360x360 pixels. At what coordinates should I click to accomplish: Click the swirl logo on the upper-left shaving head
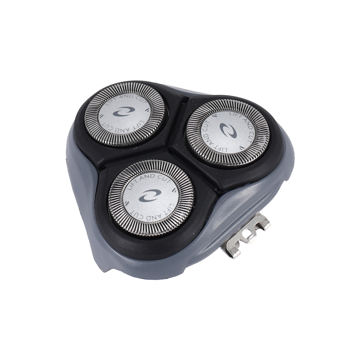pos(121,112)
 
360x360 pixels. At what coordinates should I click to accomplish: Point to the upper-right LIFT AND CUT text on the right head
pos(242,124)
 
